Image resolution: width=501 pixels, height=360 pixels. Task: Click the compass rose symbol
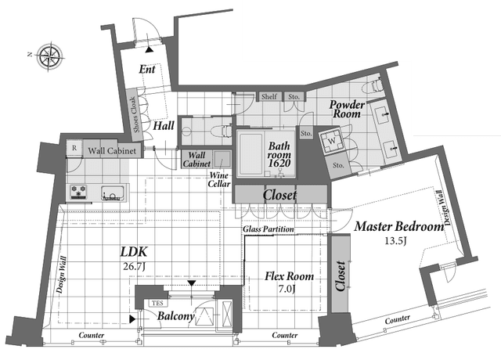(49, 57)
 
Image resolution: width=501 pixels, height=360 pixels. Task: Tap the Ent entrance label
(147, 69)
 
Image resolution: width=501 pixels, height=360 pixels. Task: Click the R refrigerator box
(74, 148)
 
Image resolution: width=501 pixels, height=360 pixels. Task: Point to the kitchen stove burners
(79, 192)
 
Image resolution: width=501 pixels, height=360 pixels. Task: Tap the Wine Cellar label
(219, 179)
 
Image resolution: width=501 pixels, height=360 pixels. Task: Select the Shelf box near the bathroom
(269, 96)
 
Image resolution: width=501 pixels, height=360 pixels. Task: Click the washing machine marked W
(332, 141)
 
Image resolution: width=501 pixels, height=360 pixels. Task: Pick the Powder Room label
(347, 109)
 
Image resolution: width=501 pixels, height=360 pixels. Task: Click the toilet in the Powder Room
(374, 85)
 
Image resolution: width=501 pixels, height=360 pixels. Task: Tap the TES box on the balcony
(157, 303)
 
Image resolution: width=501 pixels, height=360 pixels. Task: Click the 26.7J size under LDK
(134, 266)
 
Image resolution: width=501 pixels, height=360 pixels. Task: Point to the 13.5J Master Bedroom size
(395, 240)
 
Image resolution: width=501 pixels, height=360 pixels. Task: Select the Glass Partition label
(269, 229)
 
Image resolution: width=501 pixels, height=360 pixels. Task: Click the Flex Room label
(289, 276)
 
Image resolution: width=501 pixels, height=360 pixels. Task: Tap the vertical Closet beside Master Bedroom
(340, 274)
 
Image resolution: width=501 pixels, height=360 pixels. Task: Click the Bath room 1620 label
(279, 155)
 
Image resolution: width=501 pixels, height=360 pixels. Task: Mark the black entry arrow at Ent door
(149, 50)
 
